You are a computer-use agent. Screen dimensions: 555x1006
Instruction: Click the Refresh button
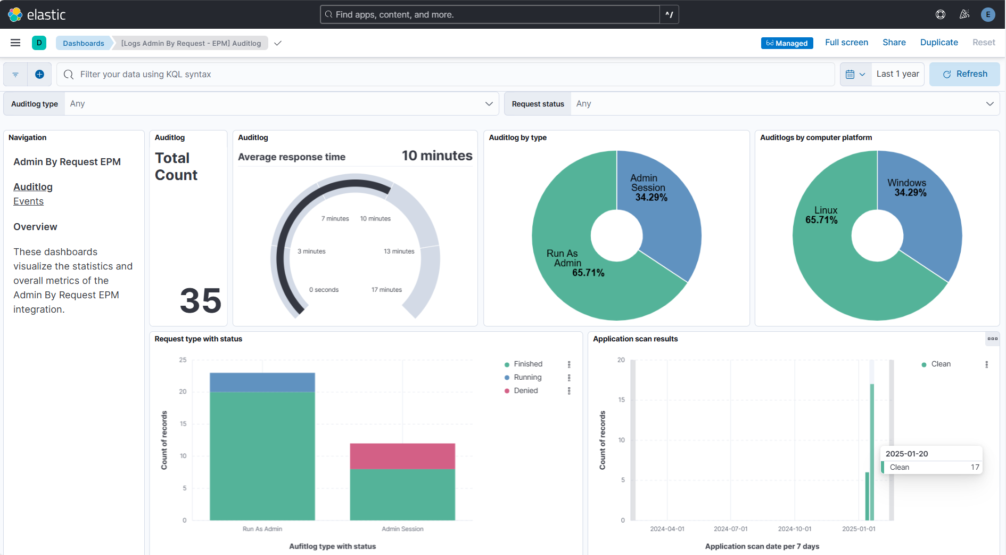point(964,74)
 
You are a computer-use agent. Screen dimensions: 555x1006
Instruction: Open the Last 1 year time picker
point(897,74)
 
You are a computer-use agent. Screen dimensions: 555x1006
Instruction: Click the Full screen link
point(846,43)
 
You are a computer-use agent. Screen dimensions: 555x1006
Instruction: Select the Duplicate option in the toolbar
point(939,43)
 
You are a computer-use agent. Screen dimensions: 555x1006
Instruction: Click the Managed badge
point(787,43)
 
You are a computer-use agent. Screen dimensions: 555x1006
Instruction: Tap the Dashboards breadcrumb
point(84,43)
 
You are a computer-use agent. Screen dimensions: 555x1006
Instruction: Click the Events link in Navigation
point(29,201)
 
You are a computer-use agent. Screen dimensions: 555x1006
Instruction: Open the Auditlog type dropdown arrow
point(489,104)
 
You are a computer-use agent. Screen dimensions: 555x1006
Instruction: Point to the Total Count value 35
point(200,300)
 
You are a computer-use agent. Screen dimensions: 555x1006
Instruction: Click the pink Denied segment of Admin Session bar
point(402,456)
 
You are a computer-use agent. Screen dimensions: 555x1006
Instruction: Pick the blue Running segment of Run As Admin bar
point(262,382)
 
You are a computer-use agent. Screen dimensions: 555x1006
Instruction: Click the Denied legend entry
point(525,390)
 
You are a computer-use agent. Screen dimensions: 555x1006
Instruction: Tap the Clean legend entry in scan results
point(941,364)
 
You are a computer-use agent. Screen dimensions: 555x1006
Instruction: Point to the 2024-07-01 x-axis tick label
point(730,529)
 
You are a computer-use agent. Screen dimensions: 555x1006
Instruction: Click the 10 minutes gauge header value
point(437,156)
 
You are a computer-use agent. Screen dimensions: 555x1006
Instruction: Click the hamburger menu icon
point(15,43)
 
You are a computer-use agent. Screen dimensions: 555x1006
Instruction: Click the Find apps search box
point(490,14)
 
